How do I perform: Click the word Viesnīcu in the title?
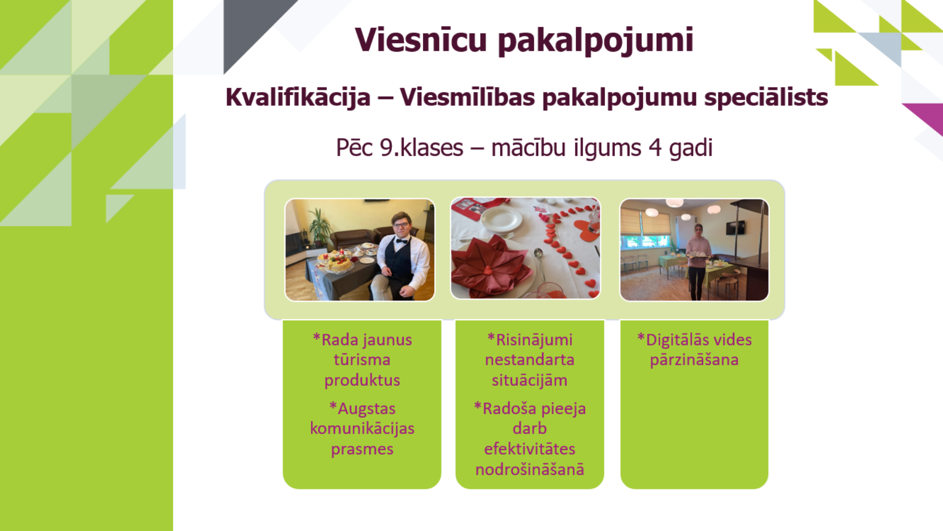tap(420, 39)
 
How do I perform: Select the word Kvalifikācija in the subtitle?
tap(298, 97)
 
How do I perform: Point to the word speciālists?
tap(766, 97)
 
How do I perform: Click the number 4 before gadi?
tap(655, 147)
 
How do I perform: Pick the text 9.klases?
tap(421, 147)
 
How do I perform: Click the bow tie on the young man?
tap(402, 241)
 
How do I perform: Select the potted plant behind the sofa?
tap(320, 227)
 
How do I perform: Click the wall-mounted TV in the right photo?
tap(736, 228)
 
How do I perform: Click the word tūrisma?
tap(362, 360)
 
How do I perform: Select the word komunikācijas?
tap(362, 429)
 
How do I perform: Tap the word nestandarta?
tap(529, 360)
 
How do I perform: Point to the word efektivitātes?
tap(529, 449)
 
